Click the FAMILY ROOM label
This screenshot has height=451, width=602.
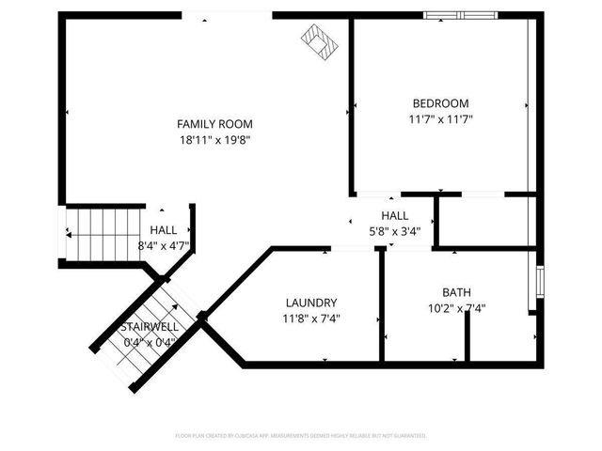tap(215, 123)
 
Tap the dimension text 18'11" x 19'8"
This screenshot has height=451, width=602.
tap(215, 139)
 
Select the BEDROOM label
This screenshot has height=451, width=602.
tap(440, 103)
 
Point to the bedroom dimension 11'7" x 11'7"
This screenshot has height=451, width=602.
tap(440, 119)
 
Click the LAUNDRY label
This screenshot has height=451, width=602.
tap(311, 303)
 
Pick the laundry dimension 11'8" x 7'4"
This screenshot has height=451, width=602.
tap(311, 319)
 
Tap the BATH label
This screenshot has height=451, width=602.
tap(457, 292)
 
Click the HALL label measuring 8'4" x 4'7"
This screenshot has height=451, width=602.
tap(164, 230)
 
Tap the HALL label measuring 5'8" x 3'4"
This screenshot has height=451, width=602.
tap(394, 216)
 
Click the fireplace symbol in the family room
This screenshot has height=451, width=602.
tap(320, 41)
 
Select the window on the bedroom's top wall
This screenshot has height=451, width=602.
tap(460, 15)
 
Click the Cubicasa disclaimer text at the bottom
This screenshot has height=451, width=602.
tap(301, 436)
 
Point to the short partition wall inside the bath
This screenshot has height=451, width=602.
tap(467, 342)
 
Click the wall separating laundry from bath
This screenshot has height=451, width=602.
tap(381, 305)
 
